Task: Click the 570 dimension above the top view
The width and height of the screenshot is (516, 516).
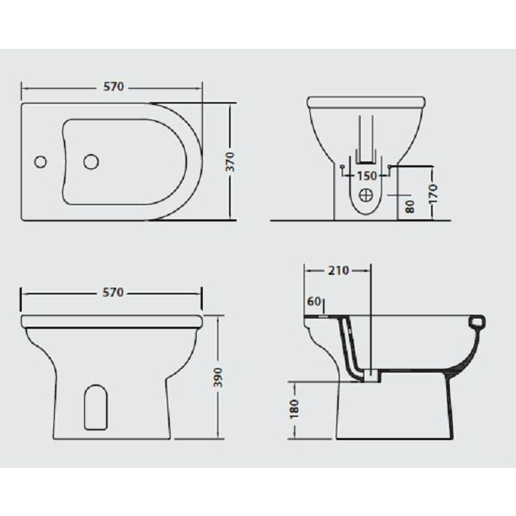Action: click(113, 87)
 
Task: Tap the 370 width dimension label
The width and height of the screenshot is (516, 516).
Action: click(231, 161)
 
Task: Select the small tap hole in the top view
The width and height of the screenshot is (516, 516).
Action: click(41, 161)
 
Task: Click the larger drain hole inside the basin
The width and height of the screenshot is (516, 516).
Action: click(91, 161)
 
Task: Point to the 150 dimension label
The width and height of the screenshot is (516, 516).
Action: click(367, 176)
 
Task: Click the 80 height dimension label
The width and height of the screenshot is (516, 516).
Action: click(409, 207)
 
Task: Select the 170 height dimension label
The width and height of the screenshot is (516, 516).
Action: click(433, 194)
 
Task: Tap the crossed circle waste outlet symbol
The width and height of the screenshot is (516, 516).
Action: click(365, 195)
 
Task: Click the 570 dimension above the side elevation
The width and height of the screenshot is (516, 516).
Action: click(113, 292)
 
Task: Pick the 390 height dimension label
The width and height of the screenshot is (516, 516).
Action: click(219, 377)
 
